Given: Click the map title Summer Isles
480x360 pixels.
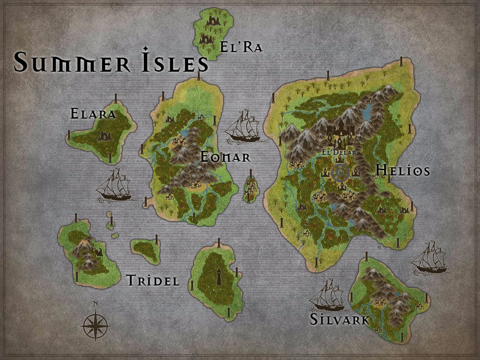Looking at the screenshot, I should [x=111, y=62].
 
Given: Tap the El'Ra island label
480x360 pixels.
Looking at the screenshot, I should [x=241, y=47].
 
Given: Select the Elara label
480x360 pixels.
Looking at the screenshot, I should [x=93, y=113].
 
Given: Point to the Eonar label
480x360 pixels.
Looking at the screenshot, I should [x=225, y=157].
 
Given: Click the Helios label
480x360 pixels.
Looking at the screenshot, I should [x=403, y=170].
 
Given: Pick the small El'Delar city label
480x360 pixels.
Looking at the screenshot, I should [x=339, y=152].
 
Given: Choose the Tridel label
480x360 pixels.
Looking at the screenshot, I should [x=153, y=281].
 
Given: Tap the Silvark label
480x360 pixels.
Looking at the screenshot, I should [x=339, y=320].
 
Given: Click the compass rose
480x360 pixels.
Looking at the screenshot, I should [x=95, y=324].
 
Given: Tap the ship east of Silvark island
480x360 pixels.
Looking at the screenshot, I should [x=429, y=258].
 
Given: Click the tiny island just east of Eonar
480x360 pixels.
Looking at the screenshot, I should [x=252, y=188].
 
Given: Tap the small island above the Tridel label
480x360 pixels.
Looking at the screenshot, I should [x=145, y=250].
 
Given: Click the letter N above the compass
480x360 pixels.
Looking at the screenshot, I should [x=96, y=304].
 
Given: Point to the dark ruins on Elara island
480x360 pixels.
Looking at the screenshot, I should [x=105, y=136].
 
